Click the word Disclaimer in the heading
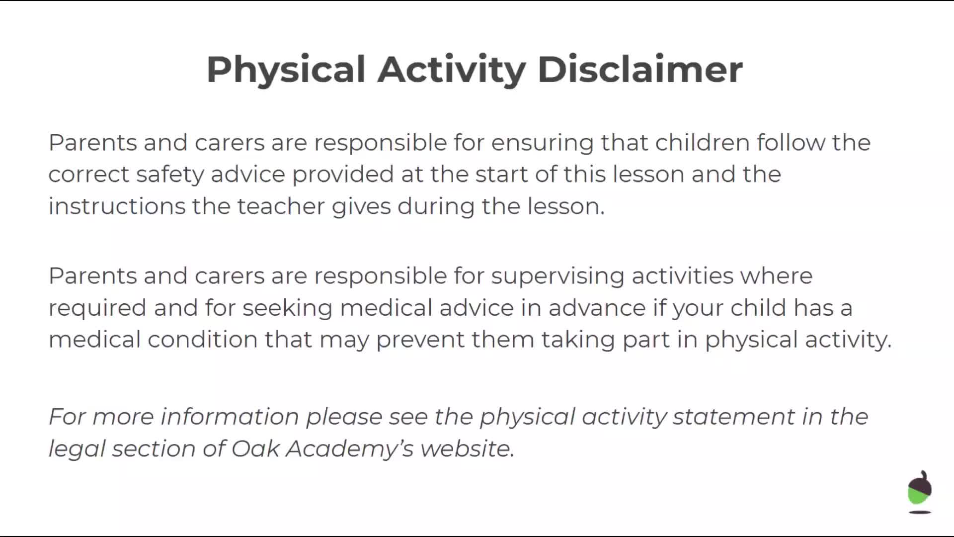[x=640, y=69]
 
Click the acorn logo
[x=920, y=491]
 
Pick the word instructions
[x=117, y=206]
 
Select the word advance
[x=597, y=308]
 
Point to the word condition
[x=202, y=340]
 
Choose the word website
[x=467, y=448]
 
